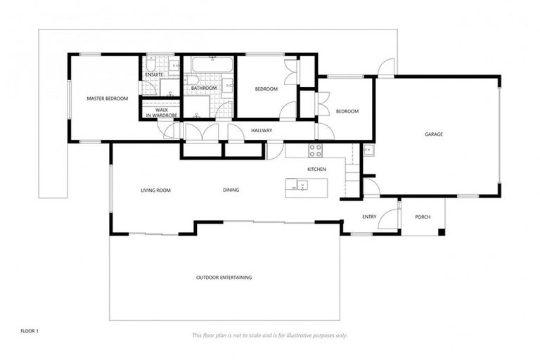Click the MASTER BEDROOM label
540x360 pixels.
point(107,98)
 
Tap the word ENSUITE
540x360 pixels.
point(154,75)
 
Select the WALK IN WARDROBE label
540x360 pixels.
point(161,112)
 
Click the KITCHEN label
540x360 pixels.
point(316,169)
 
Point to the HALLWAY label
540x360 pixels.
point(262,130)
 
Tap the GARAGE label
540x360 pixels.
point(433,134)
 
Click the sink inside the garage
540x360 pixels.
point(367,150)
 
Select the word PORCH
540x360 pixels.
point(422,217)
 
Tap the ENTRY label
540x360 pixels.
point(369,217)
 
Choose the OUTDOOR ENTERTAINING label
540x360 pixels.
point(224,277)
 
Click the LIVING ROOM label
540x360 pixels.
point(155,190)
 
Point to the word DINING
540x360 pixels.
point(231,190)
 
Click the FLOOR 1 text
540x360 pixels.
point(30,329)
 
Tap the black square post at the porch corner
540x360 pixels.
point(441,231)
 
